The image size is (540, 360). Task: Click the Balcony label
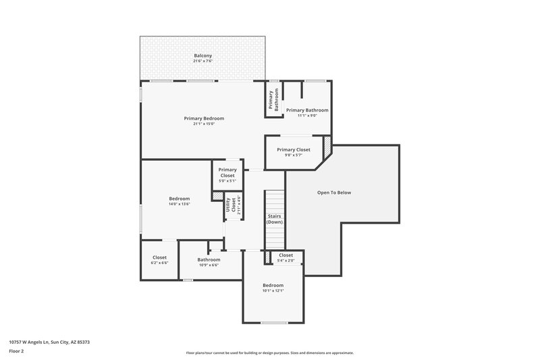point(203,55)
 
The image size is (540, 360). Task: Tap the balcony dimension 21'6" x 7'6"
point(203,61)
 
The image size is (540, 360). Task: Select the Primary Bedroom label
point(203,118)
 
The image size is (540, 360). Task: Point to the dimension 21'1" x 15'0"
point(203,124)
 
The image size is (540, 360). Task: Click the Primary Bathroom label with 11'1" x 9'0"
point(307,110)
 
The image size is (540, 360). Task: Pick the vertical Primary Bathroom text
point(273,100)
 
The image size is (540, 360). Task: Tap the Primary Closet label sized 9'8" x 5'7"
point(294,149)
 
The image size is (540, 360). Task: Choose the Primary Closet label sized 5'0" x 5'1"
point(227,172)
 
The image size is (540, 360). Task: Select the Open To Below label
point(334,192)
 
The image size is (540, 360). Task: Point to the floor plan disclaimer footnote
point(269,353)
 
